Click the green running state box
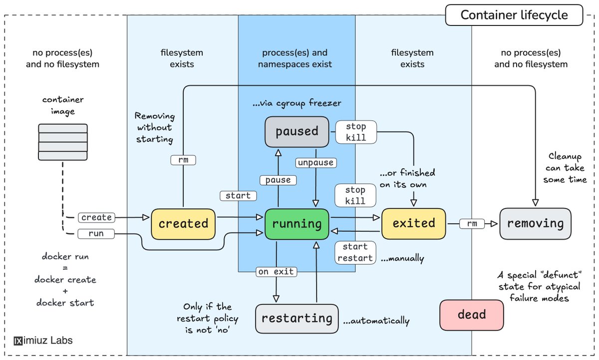click(297, 223)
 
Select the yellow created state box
click(183, 223)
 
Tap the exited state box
click(413, 223)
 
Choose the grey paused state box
click(297, 131)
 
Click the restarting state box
click(297, 318)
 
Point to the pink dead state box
click(472, 315)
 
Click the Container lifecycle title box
click(514, 15)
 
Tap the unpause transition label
click(315, 163)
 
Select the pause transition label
click(278, 180)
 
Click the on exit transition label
click(277, 272)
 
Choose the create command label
click(96, 218)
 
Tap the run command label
click(96, 233)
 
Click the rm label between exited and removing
click(472, 224)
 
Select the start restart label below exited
click(355, 252)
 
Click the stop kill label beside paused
click(355, 132)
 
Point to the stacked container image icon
click(62, 142)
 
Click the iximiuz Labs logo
click(43, 341)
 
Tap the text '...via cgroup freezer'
click(297, 103)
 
